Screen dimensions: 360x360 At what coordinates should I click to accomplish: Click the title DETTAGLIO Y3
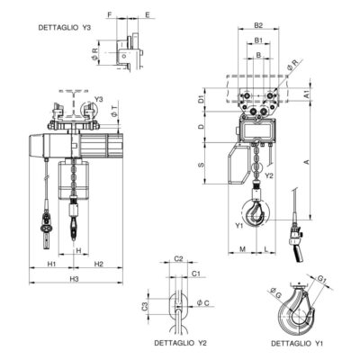point(64,28)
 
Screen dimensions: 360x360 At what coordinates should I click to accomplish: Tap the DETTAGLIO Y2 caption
point(180,343)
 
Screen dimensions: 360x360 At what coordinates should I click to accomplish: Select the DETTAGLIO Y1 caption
point(297,343)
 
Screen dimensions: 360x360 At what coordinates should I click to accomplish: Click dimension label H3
point(74,279)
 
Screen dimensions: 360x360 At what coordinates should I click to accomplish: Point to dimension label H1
point(51,264)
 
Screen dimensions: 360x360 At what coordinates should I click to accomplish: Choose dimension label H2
point(99,264)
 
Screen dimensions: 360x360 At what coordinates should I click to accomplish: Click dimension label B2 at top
point(258,25)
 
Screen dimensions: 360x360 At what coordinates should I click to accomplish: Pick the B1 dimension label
point(258,40)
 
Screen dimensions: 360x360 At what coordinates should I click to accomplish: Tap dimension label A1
point(306,94)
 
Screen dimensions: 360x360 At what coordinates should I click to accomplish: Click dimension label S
point(202,165)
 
